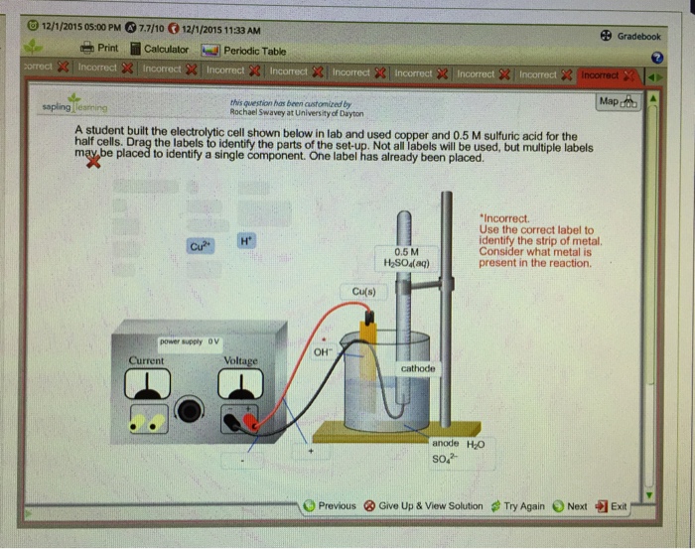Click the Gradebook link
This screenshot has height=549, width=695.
pos(629,36)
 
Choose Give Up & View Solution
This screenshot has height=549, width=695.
pos(427,506)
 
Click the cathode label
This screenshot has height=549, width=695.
pos(418,368)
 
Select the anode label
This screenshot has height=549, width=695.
pos(445,443)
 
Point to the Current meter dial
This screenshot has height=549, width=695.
pos(143,382)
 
